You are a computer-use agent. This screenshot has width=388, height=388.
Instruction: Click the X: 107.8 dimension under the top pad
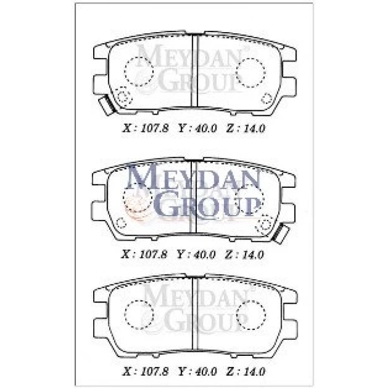coord(145,129)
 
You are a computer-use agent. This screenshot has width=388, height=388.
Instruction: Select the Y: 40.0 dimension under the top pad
coord(197,129)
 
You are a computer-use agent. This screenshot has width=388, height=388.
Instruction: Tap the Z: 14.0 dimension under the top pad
coord(246,129)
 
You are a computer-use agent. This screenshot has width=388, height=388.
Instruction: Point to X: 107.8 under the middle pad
coord(144,254)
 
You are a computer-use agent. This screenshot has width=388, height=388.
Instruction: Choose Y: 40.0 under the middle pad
coord(196,254)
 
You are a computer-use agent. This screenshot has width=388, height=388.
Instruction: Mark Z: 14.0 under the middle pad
coord(244,254)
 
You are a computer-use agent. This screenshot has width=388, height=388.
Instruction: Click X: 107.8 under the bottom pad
coord(145,371)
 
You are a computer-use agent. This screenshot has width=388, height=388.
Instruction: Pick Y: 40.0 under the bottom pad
coord(197,371)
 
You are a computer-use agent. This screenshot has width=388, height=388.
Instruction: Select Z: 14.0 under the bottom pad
coord(246,371)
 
